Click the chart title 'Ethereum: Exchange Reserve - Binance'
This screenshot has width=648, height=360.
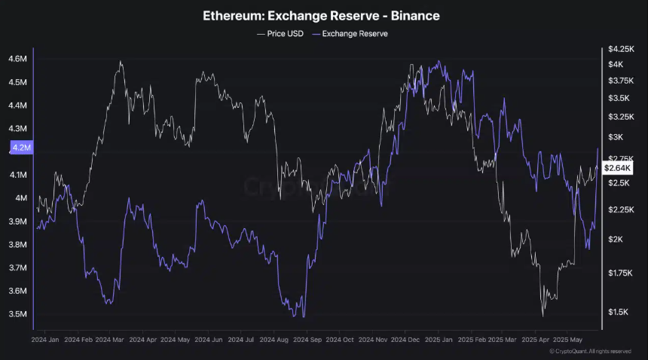coord(321,16)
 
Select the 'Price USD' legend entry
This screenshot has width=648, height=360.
coord(280,34)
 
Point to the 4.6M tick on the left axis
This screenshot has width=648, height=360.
coord(18,59)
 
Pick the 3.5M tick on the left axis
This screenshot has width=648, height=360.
coord(18,314)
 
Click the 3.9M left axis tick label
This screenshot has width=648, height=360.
coord(18,221)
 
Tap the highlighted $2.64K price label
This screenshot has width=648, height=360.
coord(618,168)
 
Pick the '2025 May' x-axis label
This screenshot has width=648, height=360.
coord(567,340)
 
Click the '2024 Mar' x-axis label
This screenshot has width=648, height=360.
coord(109,340)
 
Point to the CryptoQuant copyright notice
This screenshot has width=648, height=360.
coord(590,351)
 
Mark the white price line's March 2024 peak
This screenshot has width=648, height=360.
coord(121,62)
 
